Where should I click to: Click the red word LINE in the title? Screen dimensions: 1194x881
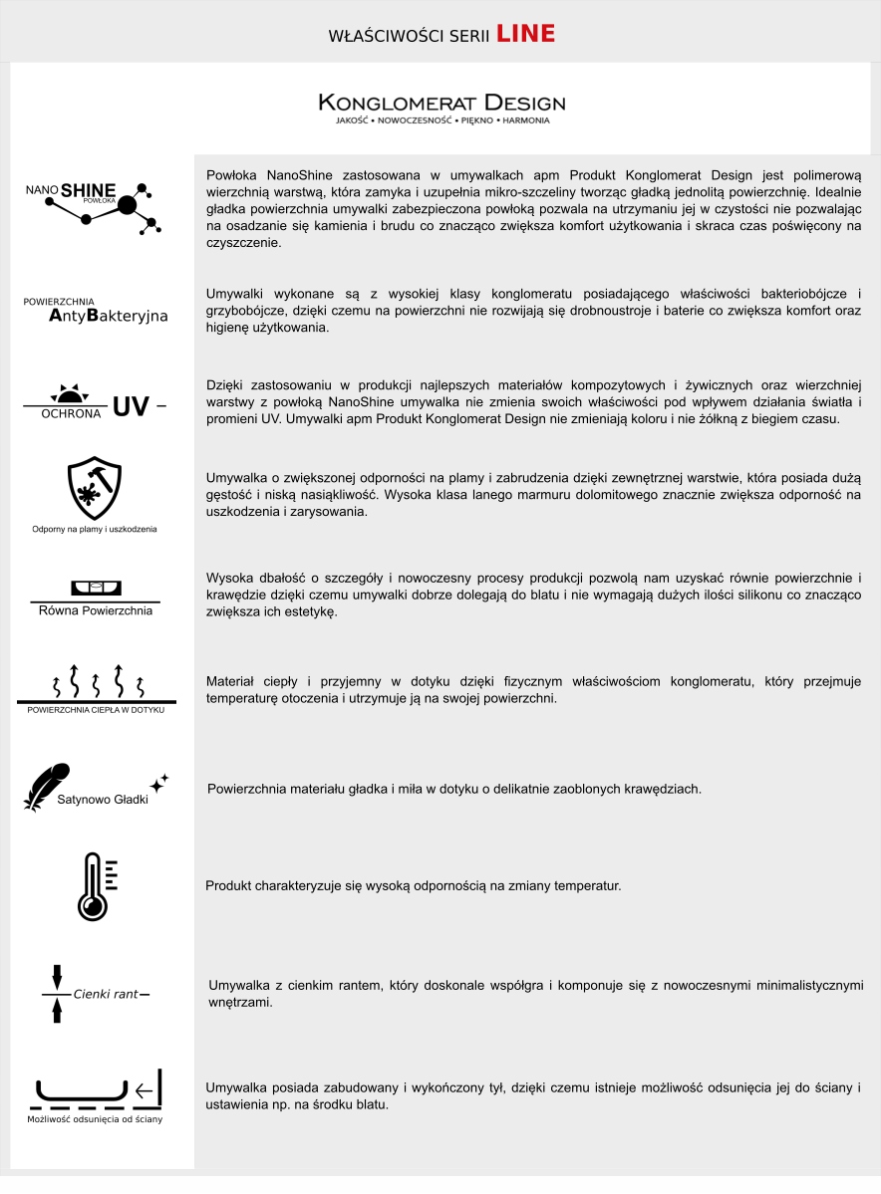[x=525, y=34]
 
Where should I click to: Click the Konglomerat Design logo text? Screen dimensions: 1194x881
[x=441, y=103]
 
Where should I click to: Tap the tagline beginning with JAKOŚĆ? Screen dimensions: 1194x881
[x=441, y=120]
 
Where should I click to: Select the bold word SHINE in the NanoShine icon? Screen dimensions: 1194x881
[x=89, y=189]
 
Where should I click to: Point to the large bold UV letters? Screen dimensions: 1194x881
[x=131, y=406]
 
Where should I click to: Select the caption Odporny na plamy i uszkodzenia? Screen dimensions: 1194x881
[x=95, y=529]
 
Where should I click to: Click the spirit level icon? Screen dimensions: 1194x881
[x=96, y=588]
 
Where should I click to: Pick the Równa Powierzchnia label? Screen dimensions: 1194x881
[x=96, y=609]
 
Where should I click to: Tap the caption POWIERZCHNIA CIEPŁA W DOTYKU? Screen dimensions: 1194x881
[x=96, y=709]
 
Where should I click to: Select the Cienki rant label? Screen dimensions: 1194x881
[x=105, y=994]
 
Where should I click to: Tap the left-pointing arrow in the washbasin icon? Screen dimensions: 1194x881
[x=145, y=1091]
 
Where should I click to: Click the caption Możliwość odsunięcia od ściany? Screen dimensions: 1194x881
[x=95, y=1119]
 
